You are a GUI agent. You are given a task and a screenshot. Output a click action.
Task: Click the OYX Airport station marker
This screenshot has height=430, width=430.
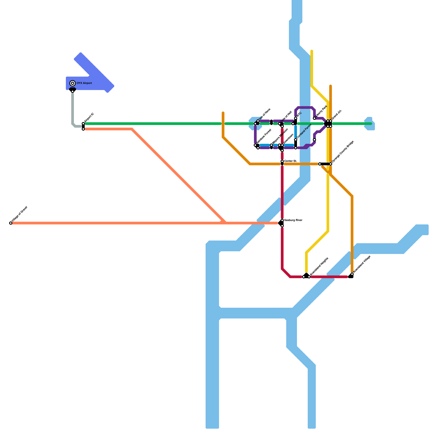pyautogui.click(x=73, y=83)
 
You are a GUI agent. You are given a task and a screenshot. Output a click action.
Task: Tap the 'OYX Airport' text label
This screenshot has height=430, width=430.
pyautogui.click(x=84, y=83)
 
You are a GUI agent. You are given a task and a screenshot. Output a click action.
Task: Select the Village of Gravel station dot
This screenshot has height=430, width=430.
pyautogui.click(x=11, y=223)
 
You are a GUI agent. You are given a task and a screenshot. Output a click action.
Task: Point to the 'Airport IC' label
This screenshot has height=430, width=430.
pyautogui.click(x=89, y=117)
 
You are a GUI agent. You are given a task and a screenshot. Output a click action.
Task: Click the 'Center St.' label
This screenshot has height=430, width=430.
pyautogui.click(x=290, y=161)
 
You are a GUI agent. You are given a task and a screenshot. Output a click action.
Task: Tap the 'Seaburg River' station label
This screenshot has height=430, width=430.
pyautogui.click(x=293, y=220)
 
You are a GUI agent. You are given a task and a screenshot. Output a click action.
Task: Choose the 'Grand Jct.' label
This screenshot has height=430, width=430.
pyautogui.click(x=336, y=115)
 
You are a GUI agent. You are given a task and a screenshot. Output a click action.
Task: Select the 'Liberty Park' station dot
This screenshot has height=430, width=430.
pyautogui.click(x=314, y=118)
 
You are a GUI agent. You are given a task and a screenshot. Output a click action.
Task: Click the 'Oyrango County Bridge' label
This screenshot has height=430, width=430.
pyautogui.click(x=342, y=152)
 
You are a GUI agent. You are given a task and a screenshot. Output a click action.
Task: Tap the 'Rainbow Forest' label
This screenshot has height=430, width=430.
pyautogui.click(x=264, y=136)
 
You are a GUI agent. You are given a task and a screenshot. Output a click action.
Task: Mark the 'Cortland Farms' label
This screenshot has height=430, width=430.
pyautogui.click(x=304, y=131)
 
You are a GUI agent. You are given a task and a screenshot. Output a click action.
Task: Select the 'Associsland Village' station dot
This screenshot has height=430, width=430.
pyautogui.click(x=352, y=274)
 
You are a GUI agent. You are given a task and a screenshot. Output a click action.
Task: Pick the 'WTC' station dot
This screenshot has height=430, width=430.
pyautogui.click(x=296, y=119)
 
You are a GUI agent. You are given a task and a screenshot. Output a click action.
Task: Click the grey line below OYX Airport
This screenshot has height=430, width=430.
pyautogui.click(x=73, y=107)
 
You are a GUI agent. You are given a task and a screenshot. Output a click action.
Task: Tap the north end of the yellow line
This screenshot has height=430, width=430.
pyautogui.click(x=312, y=51)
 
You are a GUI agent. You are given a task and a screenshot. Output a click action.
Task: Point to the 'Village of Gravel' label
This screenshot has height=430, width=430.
pyautogui.click(x=20, y=214)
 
